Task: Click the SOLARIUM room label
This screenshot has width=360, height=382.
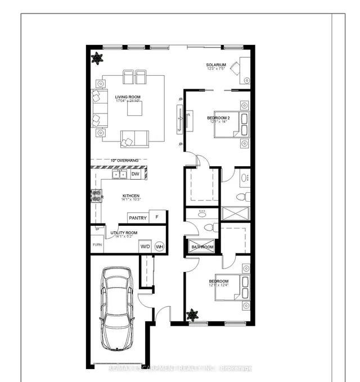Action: [216, 65]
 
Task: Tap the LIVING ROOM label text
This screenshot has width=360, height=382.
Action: [128, 97]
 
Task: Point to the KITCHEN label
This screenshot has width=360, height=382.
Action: [132, 197]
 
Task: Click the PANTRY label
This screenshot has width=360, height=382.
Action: [138, 218]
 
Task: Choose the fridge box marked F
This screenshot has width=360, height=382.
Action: [157, 217]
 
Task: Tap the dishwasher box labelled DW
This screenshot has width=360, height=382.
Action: [135, 175]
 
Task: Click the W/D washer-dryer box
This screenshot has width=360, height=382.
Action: [145, 246]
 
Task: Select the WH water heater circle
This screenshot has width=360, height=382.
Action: [159, 246]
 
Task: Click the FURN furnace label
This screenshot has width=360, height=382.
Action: [97, 245]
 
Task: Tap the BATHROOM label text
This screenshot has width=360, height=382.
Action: [202, 247]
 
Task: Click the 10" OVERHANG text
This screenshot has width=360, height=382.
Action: [124, 160]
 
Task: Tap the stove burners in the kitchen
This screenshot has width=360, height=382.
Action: [97, 196]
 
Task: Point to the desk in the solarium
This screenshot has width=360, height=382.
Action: [245, 71]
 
